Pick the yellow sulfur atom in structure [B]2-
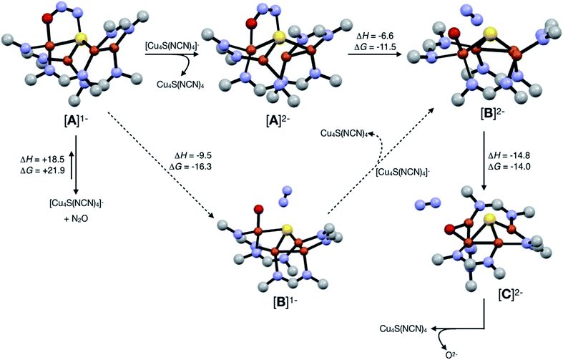[490, 32]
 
